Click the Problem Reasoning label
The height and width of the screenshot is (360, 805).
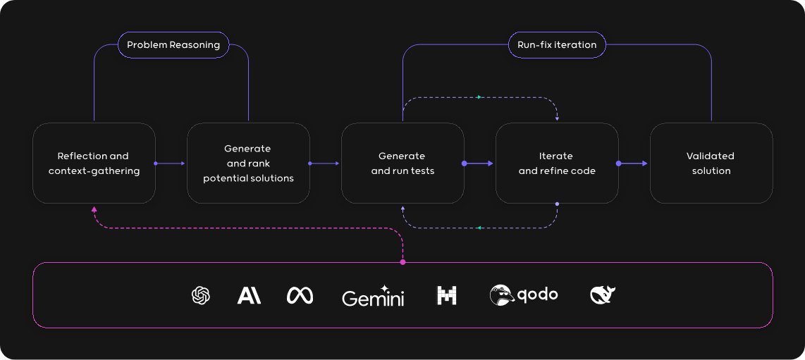tap(173, 45)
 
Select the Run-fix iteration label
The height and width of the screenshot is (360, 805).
tap(556, 45)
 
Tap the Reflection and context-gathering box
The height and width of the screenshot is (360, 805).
tap(94, 163)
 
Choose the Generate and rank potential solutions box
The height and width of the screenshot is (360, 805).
tap(248, 163)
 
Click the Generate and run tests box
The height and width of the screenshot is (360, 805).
tap(402, 163)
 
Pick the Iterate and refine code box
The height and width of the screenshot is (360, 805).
tap(557, 163)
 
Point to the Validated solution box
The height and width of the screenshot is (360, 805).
tap(711, 163)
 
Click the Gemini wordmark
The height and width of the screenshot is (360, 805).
tap(373, 297)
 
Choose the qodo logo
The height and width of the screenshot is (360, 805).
tap(524, 295)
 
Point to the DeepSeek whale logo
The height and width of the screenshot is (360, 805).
tap(603, 295)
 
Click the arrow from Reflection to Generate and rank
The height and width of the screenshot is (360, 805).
tap(171, 163)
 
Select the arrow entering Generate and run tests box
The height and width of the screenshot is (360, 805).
tap(325, 163)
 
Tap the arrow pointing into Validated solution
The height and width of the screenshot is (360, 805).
tap(634, 163)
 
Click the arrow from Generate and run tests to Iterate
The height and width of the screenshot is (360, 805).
tap(480, 163)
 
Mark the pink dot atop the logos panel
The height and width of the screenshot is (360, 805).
tap(402, 262)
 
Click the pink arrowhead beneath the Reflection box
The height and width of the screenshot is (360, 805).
tap(94, 209)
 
